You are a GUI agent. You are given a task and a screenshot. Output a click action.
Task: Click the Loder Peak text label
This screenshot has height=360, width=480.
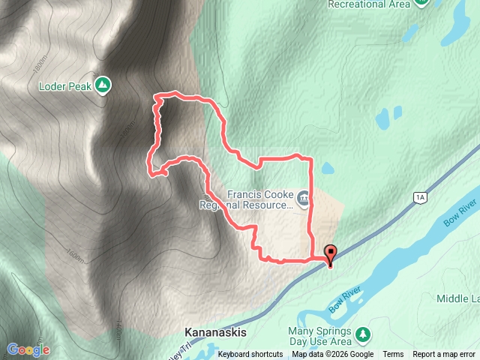(x=64, y=85)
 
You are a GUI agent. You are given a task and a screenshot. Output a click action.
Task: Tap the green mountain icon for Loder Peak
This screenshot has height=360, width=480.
(x=103, y=85)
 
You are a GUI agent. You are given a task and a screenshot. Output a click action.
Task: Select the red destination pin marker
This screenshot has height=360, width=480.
(x=330, y=254)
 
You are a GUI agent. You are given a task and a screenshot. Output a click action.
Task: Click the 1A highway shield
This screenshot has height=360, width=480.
(x=420, y=197)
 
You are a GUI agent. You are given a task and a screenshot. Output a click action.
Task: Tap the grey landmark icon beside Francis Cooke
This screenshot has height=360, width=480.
(x=303, y=199)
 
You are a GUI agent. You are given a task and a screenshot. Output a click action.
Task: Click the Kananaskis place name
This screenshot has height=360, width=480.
(x=215, y=331)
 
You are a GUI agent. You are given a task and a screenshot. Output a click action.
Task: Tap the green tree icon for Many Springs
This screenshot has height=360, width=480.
(x=363, y=333)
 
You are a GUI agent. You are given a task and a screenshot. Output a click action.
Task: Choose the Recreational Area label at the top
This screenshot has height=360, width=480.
(x=369, y=4)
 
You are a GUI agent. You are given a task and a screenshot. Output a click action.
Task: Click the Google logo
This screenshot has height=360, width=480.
(x=28, y=349)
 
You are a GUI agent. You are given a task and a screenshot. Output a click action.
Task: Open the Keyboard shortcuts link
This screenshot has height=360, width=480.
(x=250, y=355)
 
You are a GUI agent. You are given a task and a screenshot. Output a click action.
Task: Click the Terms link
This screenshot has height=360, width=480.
(x=393, y=355)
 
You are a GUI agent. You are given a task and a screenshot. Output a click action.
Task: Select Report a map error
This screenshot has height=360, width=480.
(x=444, y=355)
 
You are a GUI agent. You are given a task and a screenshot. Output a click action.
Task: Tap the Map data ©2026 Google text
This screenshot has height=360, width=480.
(x=332, y=355)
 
